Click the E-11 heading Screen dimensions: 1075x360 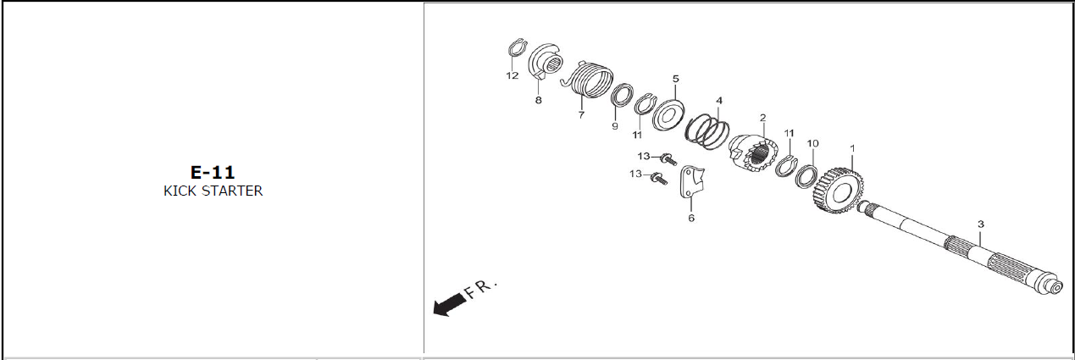click(x=213, y=172)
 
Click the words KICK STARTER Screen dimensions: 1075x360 click(x=213, y=191)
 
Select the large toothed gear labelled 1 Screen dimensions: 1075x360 click(x=839, y=191)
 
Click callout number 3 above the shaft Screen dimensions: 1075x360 click(x=981, y=224)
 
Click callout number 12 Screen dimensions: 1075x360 click(x=513, y=75)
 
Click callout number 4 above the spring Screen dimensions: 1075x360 click(x=719, y=101)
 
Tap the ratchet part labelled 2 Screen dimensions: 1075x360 click(x=753, y=154)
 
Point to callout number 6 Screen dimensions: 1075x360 click(x=691, y=218)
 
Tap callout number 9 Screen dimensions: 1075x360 click(x=615, y=126)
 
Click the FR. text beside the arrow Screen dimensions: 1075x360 click(x=481, y=288)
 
